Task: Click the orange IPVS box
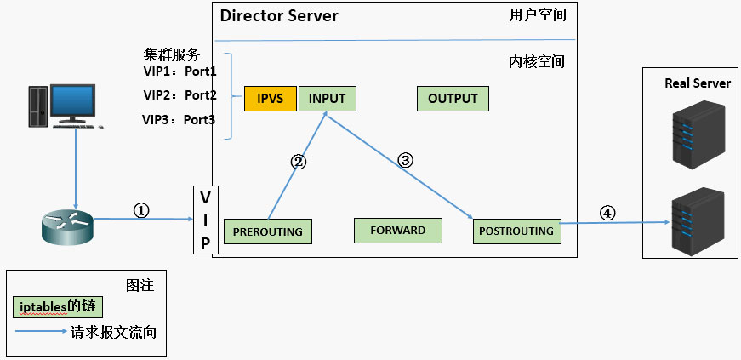click(x=270, y=99)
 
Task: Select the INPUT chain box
click(x=327, y=99)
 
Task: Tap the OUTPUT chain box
click(x=453, y=99)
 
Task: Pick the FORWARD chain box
click(x=397, y=231)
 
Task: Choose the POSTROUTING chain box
click(x=516, y=231)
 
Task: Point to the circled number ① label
click(x=142, y=209)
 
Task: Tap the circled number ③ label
click(x=405, y=160)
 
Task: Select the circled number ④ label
click(x=607, y=214)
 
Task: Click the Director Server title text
click(x=279, y=16)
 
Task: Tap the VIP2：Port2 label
click(x=180, y=94)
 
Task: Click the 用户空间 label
click(x=537, y=14)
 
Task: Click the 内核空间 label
click(x=536, y=62)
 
